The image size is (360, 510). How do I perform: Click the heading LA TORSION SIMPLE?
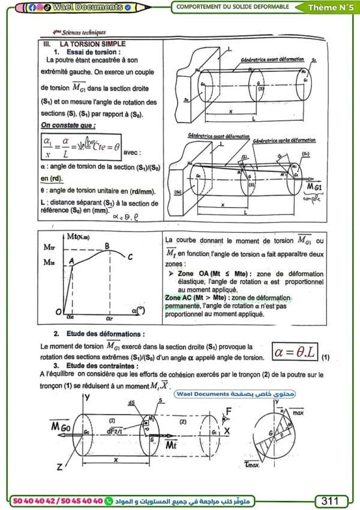pos(92,44)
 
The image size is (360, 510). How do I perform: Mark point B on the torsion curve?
pos(107,244)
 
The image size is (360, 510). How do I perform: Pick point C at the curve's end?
pos(130,257)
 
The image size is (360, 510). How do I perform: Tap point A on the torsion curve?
pos(71,261)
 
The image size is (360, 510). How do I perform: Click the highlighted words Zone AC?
pos(181,298)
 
